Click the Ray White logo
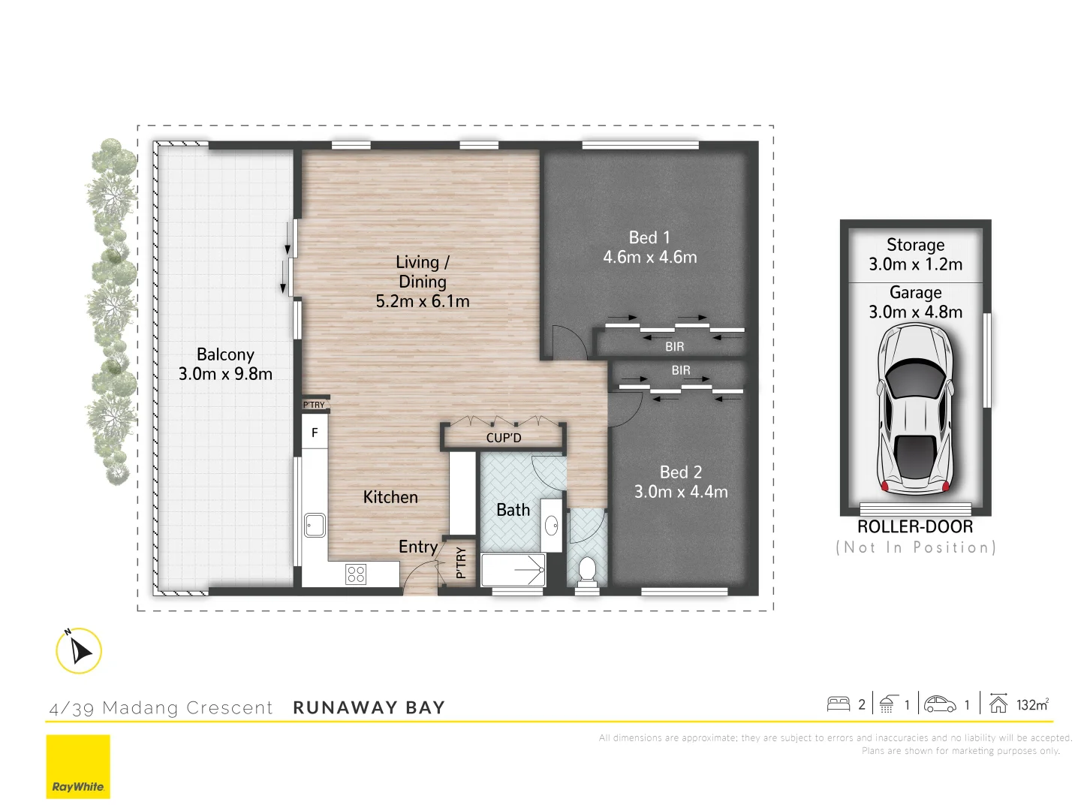click(78, 766)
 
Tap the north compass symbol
click(79, 650)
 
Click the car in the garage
click(915, 409)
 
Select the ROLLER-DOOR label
click(915, 527)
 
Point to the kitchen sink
click(315, 525)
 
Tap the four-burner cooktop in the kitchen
click(356, 574)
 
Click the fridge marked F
click(315, 433)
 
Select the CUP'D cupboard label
click(503, 438)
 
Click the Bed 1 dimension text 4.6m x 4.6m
click(650, 258)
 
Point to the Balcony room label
click(225, 354)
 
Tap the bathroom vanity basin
click(552, 524)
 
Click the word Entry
click(418, 547)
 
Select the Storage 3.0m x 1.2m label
click(915, 255)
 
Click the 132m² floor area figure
click(1032, 704)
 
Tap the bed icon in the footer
click(838, 704)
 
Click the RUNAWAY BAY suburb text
click(369, 707)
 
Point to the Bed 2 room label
click(681, 472)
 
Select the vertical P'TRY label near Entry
click(461, 562)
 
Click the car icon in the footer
click(940, 704)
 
